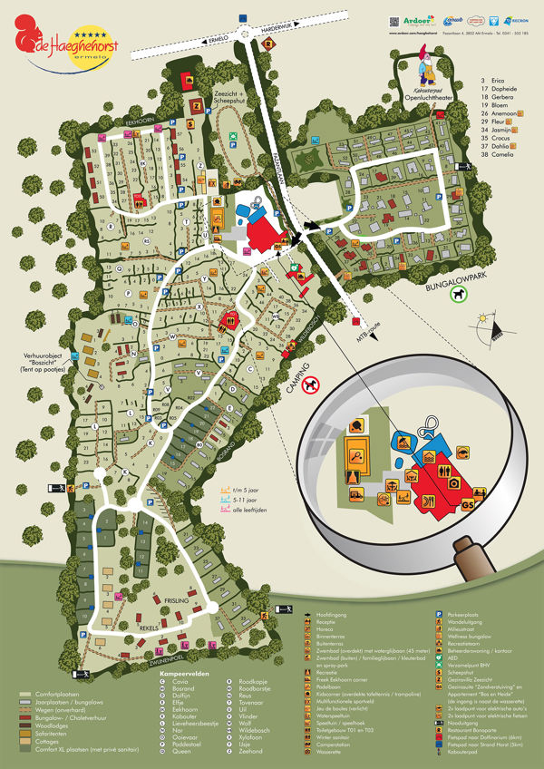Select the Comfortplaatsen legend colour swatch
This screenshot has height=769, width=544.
(x=26, y=693)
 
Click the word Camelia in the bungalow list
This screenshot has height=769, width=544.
(x=497, y=154)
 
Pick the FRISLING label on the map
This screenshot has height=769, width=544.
(x=178, y=599)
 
